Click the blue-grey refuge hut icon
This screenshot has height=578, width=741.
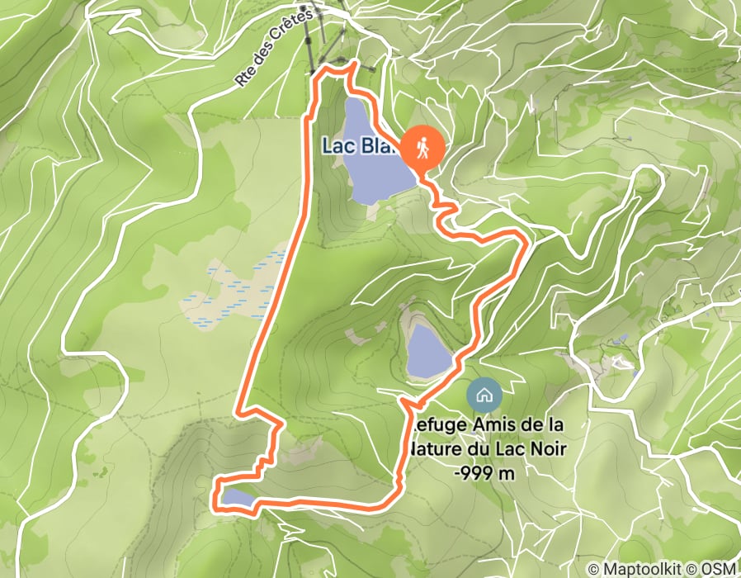click(x=483, y=394)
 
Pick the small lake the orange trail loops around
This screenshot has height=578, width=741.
click(x=236, y=497)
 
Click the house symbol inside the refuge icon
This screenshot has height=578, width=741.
click(x=483, y=394)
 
